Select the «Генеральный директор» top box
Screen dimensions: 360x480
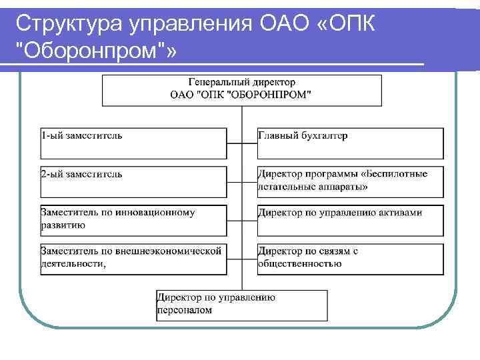click(x=241, y=89)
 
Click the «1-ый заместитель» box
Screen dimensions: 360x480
click(x=133, y=143)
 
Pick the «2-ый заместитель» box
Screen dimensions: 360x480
click(x=133, y=181)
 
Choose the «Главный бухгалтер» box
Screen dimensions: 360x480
click(x=350, y=143)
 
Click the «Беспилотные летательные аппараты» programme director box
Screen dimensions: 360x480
click(x=350, y=181)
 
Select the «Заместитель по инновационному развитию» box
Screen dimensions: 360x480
click(x=133, y=220)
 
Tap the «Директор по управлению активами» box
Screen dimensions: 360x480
click(x=350, y=220)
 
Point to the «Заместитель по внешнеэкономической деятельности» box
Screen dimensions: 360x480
click(x=133, y=259)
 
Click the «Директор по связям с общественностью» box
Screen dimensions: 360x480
click(x=350, y=259)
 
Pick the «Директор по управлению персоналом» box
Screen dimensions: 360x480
click(x=241, y=305)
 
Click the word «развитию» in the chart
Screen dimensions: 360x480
click(x=63, y=225)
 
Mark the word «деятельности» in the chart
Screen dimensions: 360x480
click(x=73, y=263)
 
